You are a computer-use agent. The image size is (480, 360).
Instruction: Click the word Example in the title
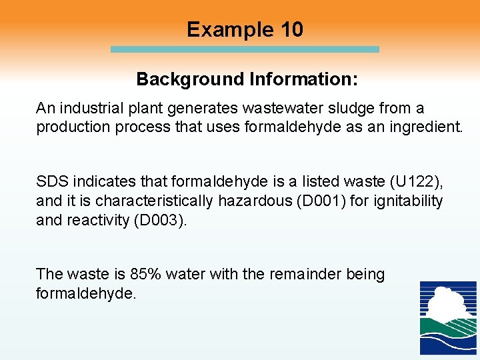[x=219, y=30]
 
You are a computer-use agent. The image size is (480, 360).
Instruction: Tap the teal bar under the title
[x=244, y=49]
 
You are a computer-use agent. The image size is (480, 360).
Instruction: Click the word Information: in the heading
[x=303, y=79]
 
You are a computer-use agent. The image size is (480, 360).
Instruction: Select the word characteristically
[x=154, y=201]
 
